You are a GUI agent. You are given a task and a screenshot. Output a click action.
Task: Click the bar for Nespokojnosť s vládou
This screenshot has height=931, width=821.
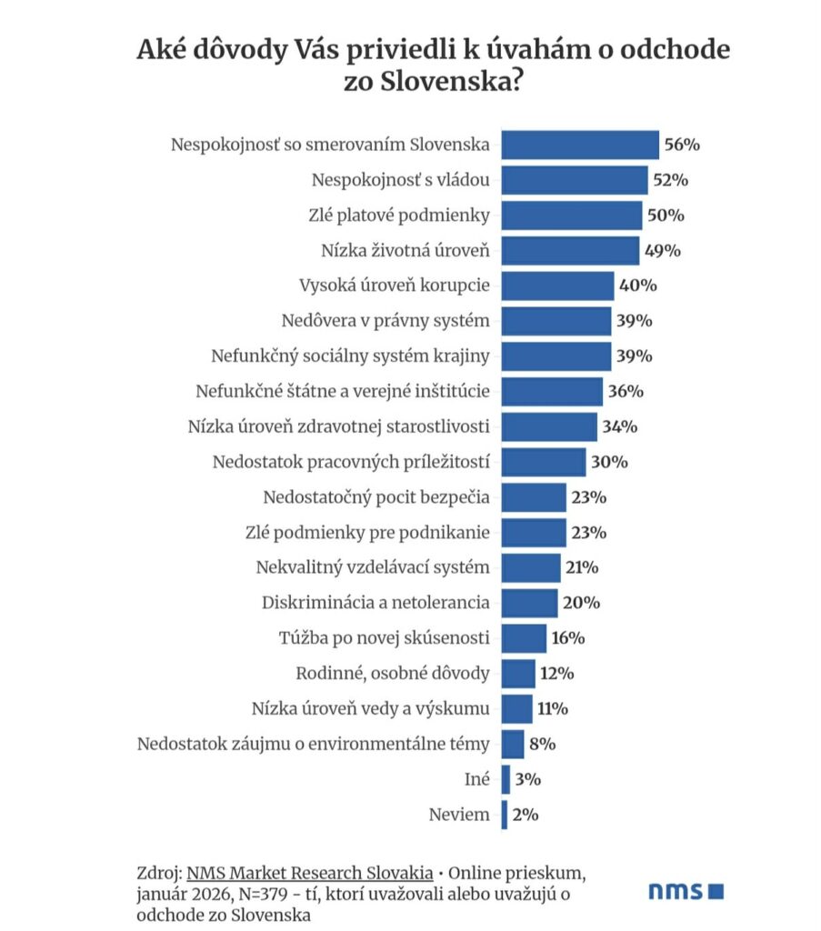click(575, 180)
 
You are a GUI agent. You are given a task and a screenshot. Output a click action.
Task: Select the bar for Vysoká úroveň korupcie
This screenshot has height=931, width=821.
click(557, 285)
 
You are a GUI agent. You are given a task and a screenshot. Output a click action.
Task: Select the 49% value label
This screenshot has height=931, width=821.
click(662, 250)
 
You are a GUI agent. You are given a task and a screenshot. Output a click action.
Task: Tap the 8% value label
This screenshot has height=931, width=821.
click(542, 744)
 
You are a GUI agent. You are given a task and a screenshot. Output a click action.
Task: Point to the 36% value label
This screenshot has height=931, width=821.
click(626, 392)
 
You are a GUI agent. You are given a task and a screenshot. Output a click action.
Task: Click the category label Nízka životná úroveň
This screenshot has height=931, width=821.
click(405, 250)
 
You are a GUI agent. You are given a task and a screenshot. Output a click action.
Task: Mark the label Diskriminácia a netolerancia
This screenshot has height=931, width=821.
click(375, 603)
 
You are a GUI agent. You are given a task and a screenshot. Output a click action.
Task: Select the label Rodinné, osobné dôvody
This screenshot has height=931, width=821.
click(394, 674)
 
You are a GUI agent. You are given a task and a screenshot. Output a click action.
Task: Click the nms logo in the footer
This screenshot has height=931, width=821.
click(686, 890)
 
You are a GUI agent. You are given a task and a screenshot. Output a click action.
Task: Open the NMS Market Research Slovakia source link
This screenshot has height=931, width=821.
click(309, 874)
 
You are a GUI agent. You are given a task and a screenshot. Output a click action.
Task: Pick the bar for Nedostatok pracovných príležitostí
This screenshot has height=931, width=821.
click(544, 462)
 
